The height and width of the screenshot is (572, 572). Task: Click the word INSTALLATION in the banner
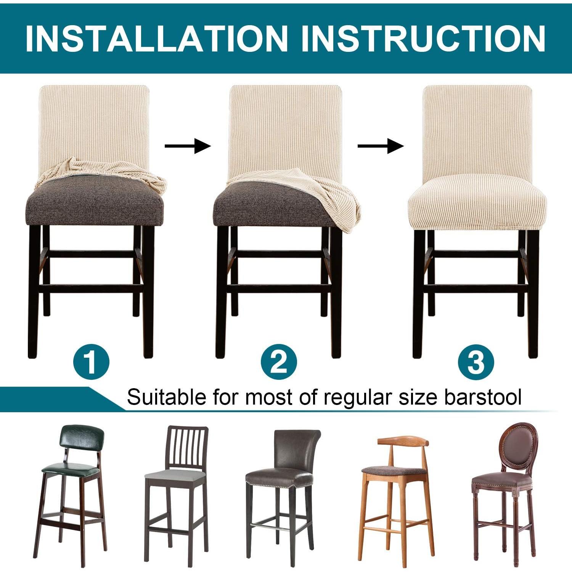tap(156, 39)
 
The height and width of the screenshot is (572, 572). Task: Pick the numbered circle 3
tap(476, 361)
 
